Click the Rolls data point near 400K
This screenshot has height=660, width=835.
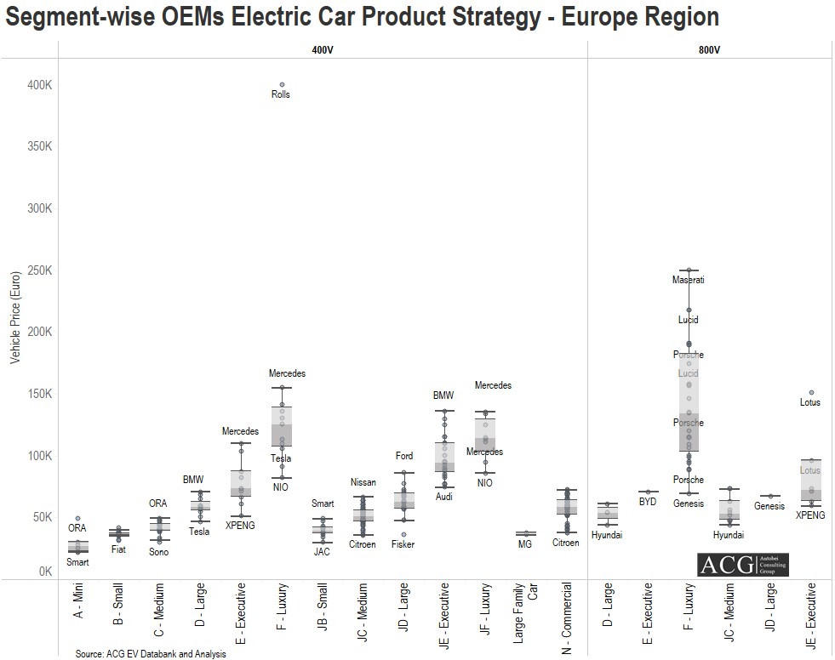pyautogui.click(x=282, y=85)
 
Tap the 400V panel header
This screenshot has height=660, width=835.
pyautogui.click(x=322, y=50)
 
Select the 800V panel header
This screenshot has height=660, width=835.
pyautogui.click(x=709, y=50)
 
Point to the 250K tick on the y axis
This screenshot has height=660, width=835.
pyautogui.click(x=40, y=270)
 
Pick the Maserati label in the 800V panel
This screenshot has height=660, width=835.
pyautogui.click(x=688, y=280)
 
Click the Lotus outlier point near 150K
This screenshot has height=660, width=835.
pyautogui.click(x=811, y=393)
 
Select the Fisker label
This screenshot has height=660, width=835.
pyautogui.click(x=403, y=544)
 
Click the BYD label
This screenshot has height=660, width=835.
pyautogui.click(x=648, y=502)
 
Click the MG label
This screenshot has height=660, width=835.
pyautogui.click(x=524, y=544)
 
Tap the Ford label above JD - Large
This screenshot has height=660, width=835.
pyautogui.click(x=403, y=457)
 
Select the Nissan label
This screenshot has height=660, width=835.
pyautogui.click(x=363, y=482)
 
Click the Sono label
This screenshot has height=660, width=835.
pyautogui.click(x=158, y=552)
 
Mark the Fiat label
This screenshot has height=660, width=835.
pyautogui.click(x=118, y=549)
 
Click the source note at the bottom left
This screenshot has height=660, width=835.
pyautogui.click(x=150, y=654)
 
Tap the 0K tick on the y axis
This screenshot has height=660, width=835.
pyautogui.click(x=44, y=572)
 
